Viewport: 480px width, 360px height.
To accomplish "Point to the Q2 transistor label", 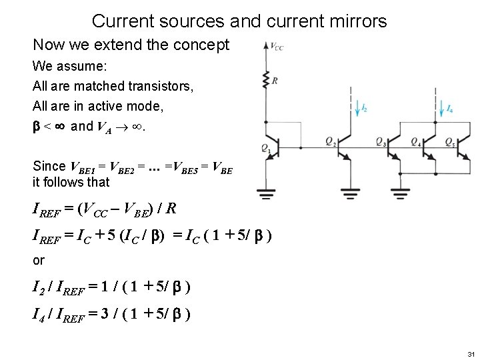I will pos(330,141).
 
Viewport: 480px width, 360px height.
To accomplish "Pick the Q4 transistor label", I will pos(415,141).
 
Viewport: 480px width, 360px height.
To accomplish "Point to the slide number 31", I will pos(469,353).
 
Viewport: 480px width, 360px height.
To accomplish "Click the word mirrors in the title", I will pos(354,21).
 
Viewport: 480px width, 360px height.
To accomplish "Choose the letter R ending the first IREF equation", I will pos(171,209).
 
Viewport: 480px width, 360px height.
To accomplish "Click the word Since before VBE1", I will pos(49,166).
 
